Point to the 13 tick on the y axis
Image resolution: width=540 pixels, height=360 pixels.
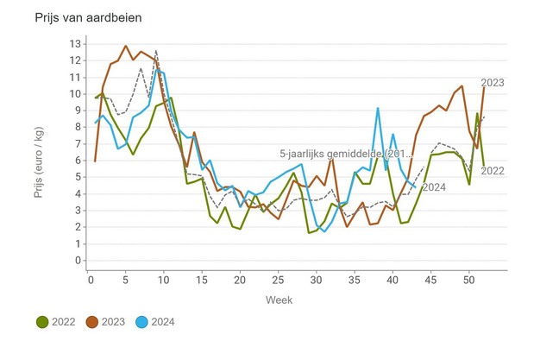point(75,44)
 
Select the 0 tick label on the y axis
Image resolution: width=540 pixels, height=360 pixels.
point(78,261)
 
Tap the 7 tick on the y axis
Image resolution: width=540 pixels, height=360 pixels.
point(78,144)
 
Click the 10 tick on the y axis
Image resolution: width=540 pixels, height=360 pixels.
point(75,94)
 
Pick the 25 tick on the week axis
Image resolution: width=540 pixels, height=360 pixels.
point(279,280)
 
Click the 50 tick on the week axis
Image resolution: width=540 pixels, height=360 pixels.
point(468,280)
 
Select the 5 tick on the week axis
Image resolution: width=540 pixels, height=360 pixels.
point(127,280)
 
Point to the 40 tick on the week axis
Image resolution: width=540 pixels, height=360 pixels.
point(392,280)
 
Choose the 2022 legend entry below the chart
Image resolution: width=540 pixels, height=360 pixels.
point(57,322)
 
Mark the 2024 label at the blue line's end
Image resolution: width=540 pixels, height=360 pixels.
point(434,187)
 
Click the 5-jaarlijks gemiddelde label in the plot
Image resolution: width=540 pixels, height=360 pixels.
point(346,153)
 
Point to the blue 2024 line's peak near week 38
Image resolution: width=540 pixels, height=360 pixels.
point(378,109)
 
